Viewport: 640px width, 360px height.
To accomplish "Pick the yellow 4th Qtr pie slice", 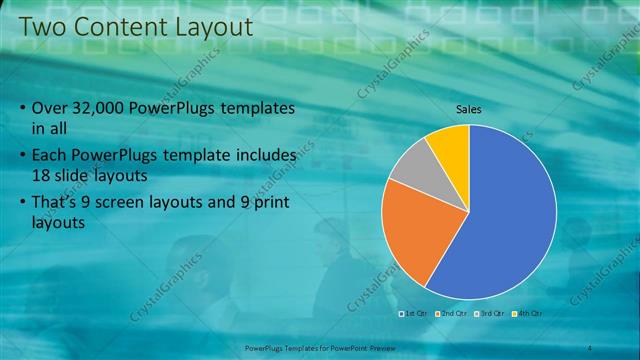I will point(451,144).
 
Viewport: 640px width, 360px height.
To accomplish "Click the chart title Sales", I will point(469,109).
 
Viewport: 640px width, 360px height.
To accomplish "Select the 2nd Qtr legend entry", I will point(453,314).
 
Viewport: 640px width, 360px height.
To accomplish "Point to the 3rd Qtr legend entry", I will point(491,314).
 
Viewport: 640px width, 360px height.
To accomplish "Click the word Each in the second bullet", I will point(51,156).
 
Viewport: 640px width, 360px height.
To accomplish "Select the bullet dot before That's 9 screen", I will point(22,203).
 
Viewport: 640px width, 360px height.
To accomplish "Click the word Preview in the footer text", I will point(380,348).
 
